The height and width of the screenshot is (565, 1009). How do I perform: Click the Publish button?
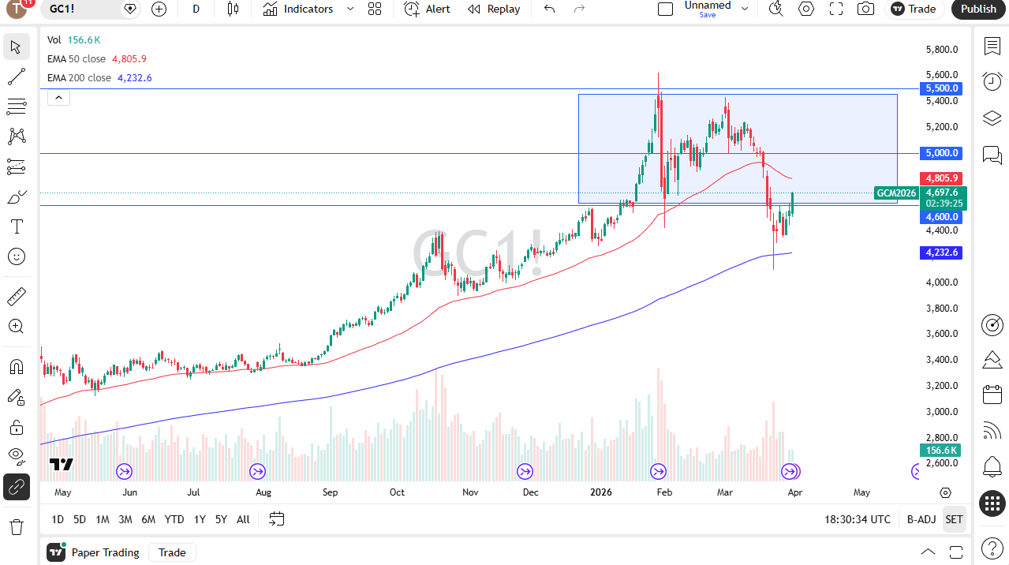click(x=979, y=9)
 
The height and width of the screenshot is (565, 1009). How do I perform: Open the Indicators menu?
click(x=298, y=9)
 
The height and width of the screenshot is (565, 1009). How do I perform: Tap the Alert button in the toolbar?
click(x=428, y=9)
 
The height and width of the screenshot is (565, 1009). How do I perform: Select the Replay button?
click(x=494, y=9)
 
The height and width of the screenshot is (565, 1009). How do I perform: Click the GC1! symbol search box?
click(x=79, y=9)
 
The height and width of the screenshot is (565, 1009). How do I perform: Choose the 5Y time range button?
click(x=221, y=519)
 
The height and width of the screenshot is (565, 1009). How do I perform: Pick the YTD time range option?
click(x=174, y=519)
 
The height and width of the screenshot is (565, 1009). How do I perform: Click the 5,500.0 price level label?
click(x=942, y=88)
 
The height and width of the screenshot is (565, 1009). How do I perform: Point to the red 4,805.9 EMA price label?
click(x=942, y=178)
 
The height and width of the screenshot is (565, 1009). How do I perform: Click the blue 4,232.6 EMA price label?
click(x=942, y=253)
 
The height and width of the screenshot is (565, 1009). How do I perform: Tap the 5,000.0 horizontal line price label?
click(x=942, y=153)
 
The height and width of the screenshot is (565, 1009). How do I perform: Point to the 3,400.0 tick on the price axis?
click(x=942, y=360)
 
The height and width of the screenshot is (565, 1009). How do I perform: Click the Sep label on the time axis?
click(x=330, y=492)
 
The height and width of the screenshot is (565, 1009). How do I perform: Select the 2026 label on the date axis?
click(x=600, y=492)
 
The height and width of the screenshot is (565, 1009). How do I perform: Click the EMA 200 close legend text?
click(x=79, y=78)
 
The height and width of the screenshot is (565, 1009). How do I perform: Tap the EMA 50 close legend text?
click(x=77, y=59)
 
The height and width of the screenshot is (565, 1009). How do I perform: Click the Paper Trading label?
click(x=105, y=552)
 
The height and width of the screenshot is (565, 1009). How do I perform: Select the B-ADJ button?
click(x=921, y=519)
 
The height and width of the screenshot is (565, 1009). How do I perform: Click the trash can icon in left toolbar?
click(x=16, y=526)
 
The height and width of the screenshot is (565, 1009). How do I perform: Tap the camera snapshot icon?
click(x=865, y=9)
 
